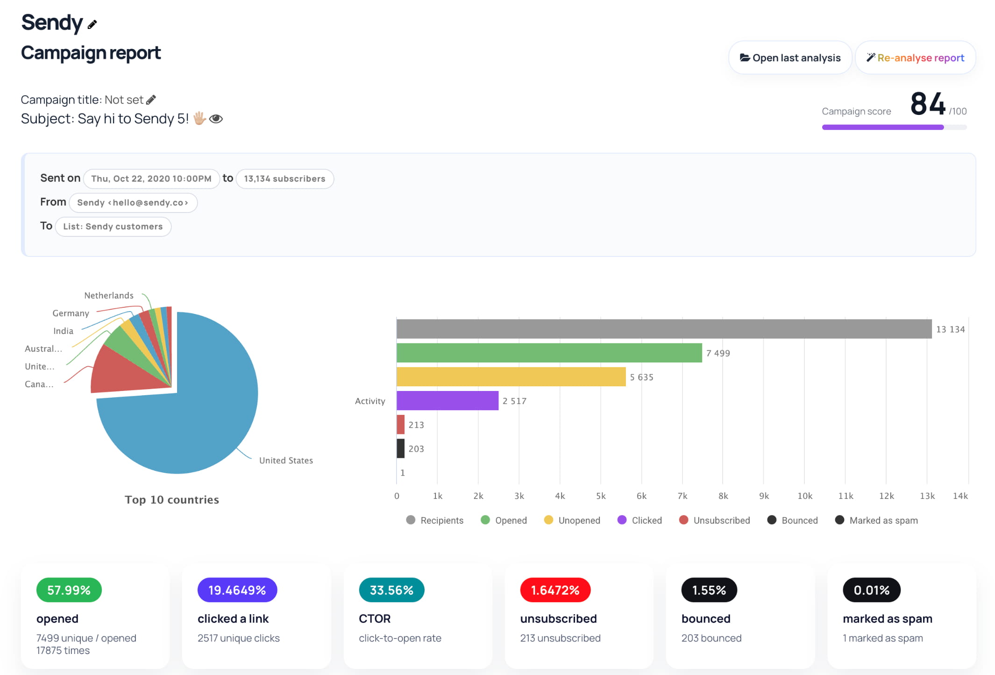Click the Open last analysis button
(790, 57)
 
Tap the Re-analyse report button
(915, 57)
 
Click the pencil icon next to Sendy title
(92, 24)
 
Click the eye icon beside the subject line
(216, 119)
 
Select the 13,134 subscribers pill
(284, 179)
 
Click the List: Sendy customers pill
(113, 227)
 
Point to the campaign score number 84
(928, 103)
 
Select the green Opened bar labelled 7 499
(549, 353)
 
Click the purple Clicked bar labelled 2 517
(448, 400)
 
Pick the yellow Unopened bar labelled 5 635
(511, 377)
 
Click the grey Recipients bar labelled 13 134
(664, 329)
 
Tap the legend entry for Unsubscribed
(714, 520)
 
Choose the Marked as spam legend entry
(876, 520)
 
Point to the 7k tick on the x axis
(682, 496)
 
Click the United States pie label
(286, 460)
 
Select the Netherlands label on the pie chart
(109, 295)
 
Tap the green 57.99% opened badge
(69, 590)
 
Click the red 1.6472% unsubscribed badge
(555, 590)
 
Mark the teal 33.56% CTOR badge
(391, 590)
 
